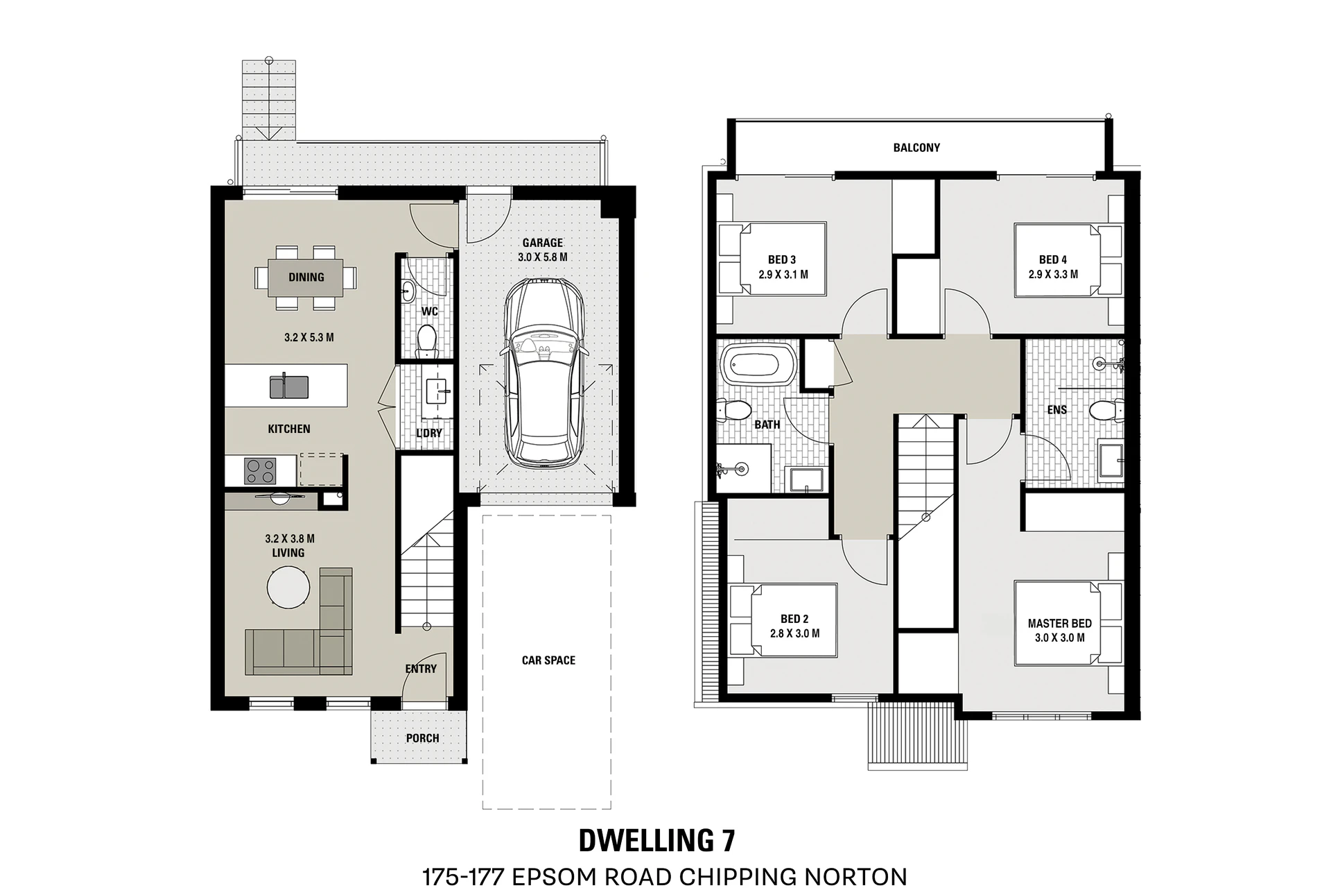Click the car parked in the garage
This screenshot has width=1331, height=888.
(x=544, y=373)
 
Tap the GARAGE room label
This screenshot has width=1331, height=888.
(x=543, y=243)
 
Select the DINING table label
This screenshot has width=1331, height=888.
(x=306, y=277)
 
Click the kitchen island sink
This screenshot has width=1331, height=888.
(x=289, y=386)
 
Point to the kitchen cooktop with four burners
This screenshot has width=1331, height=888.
(x=260, y=471)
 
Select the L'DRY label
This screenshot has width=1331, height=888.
(x=429, y=433)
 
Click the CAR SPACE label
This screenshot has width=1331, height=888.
(x=548, y=660)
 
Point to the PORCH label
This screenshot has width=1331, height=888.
(x=423, y=738)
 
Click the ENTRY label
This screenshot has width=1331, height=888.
(x=421, y=669)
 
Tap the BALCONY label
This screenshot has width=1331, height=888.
(x=916, y=148)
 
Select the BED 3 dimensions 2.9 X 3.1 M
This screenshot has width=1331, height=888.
(x=783, y=275)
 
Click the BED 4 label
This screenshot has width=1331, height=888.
(x=1053, y=260)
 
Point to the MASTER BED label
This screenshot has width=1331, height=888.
(x=1060, y=624)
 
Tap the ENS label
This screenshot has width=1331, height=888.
(x=1057, y=410)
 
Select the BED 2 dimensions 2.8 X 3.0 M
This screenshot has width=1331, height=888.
(x=794, y=633)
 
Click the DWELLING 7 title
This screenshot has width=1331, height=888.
(x=657, y=841)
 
